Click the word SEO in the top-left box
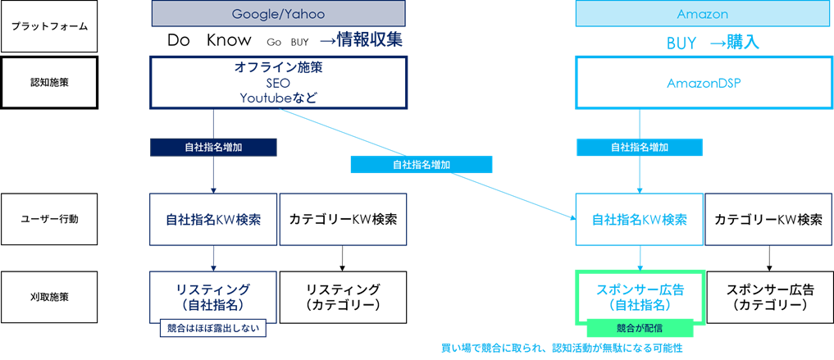pyautogui.click(x=279, y=84)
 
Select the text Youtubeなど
pyautogui.click(x=279, y=98)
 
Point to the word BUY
pyautogui.click(x=681, y=43)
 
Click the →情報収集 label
pyautogui.click(x=362, y=40)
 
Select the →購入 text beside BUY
pyautogui.click(x=734, y=43)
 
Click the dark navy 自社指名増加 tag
pyautogui.click(x=213, y=148)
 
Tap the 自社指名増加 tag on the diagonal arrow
pyautogui.click(x=421, y=165)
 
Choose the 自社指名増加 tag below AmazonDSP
pyautogui.click(x=640, y=148)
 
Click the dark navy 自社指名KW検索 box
pyautogui.click(x=213, y=220)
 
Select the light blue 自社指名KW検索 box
pyautogui.click(x=640, y=220)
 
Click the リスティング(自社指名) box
pyautogui.click(x=213, y=296)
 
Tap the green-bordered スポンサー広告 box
pyautogui.click(x=640, y=296)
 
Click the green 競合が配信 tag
pyautogui.click(x=640, y=328)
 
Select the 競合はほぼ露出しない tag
pyautogui.click(x=213, y=328)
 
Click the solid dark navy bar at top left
pyautogui.click(x=278, y=13)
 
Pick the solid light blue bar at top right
pyautogui.click(x=704, y=13)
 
